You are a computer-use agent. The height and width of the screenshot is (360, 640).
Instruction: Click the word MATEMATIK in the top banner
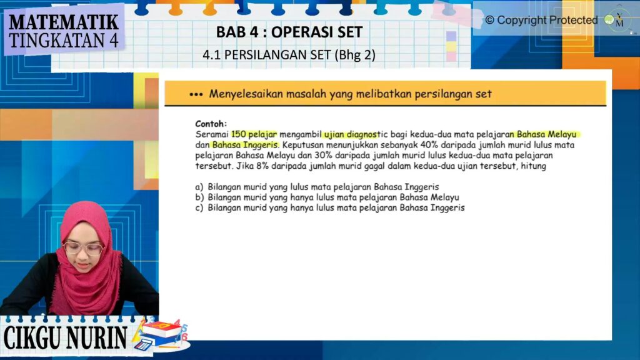[x=64, y=22]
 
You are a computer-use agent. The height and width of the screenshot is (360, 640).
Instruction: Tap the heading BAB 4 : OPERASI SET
[x=289, y=32]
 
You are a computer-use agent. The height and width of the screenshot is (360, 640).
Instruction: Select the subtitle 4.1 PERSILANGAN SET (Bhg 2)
[x=289, y=55]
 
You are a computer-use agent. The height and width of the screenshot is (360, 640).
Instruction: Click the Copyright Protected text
[x=541, y=20]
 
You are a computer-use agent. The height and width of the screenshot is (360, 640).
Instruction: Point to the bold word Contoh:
[x=211, y=124]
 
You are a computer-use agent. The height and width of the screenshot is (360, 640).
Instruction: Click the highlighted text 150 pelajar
[x=254, y=134]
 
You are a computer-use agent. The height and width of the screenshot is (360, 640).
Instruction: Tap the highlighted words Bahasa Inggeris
[x=245, y=145]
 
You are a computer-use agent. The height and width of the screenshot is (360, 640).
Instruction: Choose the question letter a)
[x=199, y=187]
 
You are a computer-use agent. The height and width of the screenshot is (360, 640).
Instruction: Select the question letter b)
[x=199, y=197]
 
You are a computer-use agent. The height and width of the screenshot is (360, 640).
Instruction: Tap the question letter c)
[x=199, y=207]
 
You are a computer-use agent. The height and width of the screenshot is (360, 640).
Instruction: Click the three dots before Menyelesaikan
[x=196, y=95]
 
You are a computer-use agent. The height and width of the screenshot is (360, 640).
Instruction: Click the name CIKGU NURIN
[x=65, y=337]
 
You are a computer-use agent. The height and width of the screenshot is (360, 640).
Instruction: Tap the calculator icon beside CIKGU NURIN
[x=143, y=345]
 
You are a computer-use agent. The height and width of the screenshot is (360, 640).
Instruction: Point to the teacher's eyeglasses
[x=83, y=249]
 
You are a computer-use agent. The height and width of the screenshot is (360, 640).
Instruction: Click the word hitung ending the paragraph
[x=534, y=166]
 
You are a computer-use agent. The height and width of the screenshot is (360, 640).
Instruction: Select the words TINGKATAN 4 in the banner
[x=64, y=41]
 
